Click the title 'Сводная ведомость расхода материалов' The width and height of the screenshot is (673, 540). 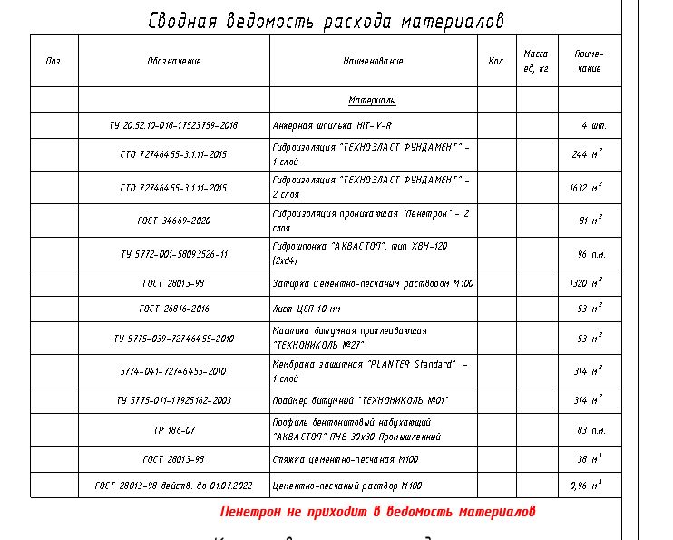coord(326,21)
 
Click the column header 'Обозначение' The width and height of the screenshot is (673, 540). coord(173,61)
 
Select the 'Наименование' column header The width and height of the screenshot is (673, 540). coord(373,61)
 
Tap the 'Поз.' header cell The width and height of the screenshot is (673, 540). coord(54,61)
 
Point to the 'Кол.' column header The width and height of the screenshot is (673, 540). coord(496,61)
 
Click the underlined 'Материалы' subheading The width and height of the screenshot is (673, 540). coord(372,100)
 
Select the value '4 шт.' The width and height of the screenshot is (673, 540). coord(594,125)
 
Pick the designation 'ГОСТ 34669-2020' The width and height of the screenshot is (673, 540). coord(173,221)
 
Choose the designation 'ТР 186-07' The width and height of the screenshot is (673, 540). coord(173,430)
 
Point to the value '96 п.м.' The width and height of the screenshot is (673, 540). coord(590,254)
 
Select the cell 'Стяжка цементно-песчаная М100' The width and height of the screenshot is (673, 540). coord(346,459)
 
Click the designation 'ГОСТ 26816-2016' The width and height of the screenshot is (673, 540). coord(173,309)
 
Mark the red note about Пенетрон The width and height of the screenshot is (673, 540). coord(378,512)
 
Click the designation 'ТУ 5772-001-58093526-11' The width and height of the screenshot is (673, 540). coord(173,254)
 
